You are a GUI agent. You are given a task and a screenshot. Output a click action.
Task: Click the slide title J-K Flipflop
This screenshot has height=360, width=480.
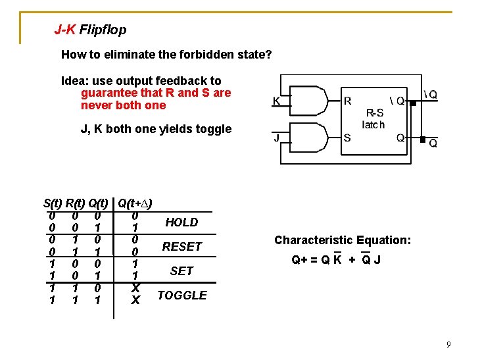click(x=90, y=30)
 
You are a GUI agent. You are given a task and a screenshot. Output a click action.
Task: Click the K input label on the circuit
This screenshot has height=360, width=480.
click(x=277, y=101)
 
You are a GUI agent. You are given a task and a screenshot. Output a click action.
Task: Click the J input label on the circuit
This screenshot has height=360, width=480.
click(x=277, y=138)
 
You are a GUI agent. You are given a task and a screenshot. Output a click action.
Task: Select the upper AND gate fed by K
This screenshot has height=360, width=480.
click(x=312, y=101)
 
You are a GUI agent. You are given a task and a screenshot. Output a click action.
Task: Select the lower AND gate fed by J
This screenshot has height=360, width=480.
click(x=312, y=139)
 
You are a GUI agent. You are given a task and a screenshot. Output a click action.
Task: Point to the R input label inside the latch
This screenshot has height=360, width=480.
click(x=348, y=101)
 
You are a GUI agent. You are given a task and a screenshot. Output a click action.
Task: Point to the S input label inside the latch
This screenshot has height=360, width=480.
click(x=347, y=138)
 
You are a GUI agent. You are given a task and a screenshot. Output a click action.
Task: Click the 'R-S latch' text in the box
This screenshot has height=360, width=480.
click(x=373, y=118)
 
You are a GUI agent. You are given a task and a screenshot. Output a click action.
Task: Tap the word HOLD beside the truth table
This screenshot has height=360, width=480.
click(x=181, y=222)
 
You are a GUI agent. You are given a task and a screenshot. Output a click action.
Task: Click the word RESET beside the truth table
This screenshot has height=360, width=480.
click(x=181, y=247)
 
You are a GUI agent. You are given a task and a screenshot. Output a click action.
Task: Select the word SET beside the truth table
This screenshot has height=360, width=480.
click(x=181, y=270)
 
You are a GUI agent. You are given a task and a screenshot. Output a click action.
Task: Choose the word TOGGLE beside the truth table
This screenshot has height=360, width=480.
click(x=182, y=295)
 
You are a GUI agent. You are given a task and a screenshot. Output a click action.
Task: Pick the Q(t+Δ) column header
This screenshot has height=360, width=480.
click(x=135, y=203)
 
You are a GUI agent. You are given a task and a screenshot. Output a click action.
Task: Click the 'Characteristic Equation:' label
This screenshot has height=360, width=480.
click(x=343, y=240)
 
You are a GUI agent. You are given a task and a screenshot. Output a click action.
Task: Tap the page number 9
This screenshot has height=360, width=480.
click(x=448, y=345)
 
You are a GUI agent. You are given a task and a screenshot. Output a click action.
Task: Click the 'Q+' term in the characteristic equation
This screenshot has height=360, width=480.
click(x=300, y=260)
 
